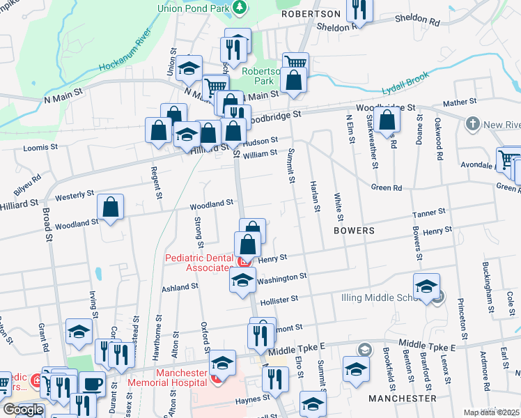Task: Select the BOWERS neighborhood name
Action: coord(354,229)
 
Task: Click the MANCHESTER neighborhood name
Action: coord(402,398)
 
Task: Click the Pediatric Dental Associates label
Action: coord(199,263)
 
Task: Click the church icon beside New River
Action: coord(472,124)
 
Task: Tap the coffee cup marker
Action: coord(92,383)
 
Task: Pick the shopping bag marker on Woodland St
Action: coord(110,207)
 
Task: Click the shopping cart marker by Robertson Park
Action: coord(296,64)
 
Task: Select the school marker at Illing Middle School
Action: coord(426,286)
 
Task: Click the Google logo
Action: coord(23,410)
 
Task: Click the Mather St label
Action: coord(459,102)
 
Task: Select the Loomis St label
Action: coord(40,148)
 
